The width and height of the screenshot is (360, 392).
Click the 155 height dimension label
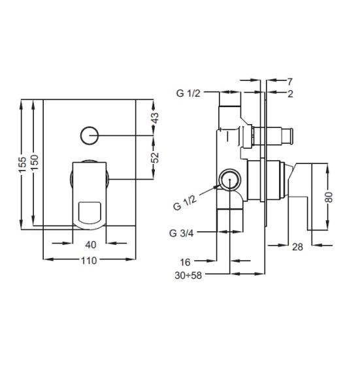pos(23,165)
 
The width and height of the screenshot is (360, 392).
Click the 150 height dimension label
pos(35,162)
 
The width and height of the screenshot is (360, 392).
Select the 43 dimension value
pos(155,118)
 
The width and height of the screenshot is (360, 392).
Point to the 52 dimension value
pos(155,157)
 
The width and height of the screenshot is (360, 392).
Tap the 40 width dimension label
pos(91,245)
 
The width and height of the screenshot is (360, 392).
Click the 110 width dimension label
pos(89,261)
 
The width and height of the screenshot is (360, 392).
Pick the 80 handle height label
pos(329,197)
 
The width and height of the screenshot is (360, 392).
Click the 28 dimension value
pos(297,247)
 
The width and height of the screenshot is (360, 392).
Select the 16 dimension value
pos(186,262)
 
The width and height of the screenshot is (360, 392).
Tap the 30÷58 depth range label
pos(188,276)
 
